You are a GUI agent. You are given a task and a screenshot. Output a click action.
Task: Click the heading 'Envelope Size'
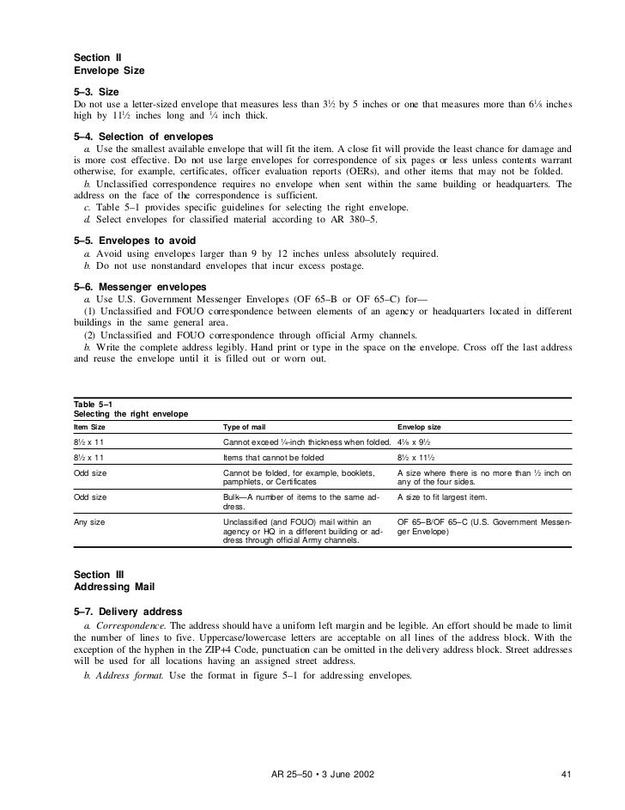109,70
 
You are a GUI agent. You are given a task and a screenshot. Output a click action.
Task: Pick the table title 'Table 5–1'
94,405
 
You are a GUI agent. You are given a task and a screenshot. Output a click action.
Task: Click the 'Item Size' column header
92,427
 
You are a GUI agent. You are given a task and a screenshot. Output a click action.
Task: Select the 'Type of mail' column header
246,427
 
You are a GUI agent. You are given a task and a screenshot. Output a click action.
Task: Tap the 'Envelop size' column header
420,427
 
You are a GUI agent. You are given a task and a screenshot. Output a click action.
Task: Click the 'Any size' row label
90,521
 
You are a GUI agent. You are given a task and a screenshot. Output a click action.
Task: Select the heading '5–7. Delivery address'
128,612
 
